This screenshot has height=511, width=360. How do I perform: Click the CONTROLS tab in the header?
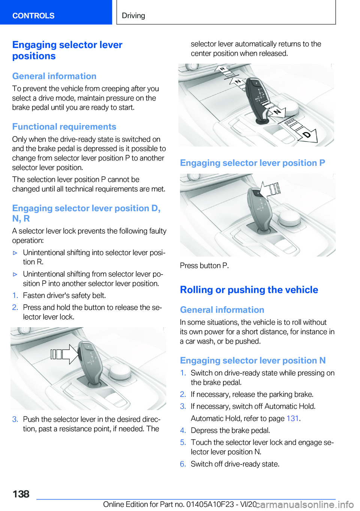point(33,15)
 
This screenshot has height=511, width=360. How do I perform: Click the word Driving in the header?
point(133,15)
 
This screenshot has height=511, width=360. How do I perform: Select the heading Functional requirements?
point(64,126)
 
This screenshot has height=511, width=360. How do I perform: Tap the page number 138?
point(21,494)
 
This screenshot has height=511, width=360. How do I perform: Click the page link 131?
point(292,418)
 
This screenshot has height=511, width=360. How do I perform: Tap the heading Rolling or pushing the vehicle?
point(249,290)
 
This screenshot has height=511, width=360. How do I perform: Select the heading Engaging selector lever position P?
point(252,163)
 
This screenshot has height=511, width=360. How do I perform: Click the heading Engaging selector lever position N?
point(253,361)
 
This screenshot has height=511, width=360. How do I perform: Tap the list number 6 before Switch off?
point(183,464)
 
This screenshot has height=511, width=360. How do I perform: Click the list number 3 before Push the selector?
point(15,419)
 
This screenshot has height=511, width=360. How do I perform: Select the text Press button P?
point(204,266)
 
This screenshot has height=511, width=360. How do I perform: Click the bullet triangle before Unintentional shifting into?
point(15,253)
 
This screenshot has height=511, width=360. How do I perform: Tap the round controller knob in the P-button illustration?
point(288,218)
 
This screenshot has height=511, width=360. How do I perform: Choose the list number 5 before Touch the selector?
point(183,443)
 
